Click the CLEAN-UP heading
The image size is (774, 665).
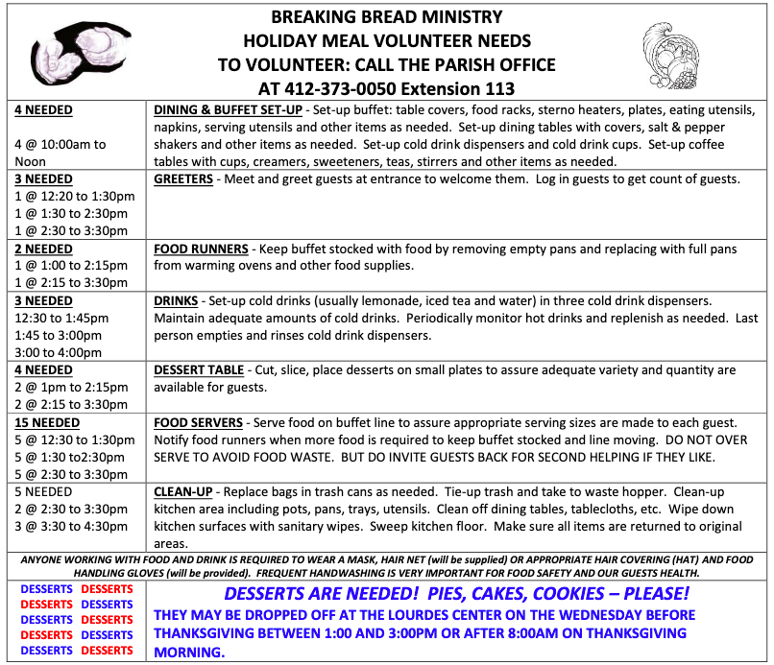coord(183,492)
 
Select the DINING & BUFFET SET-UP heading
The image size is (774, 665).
coord(228,110)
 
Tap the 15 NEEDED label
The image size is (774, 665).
coord(47,422)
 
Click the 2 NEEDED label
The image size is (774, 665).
coord(43,249)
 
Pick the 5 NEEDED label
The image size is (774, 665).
coord(43,492)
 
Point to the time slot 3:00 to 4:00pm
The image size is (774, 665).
coord(58,352)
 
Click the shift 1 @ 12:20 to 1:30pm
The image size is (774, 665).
coord(75,197)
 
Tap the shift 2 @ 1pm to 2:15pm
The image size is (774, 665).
coord(71,387)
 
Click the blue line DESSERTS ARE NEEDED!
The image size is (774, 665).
coord(456,593)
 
